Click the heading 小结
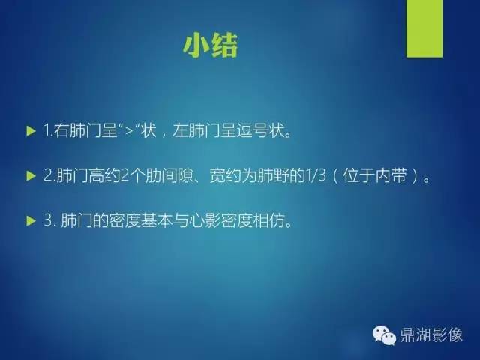(x=210, y=46)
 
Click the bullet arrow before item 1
(x=30, y=131)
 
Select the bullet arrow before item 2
(x=30, y=177)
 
